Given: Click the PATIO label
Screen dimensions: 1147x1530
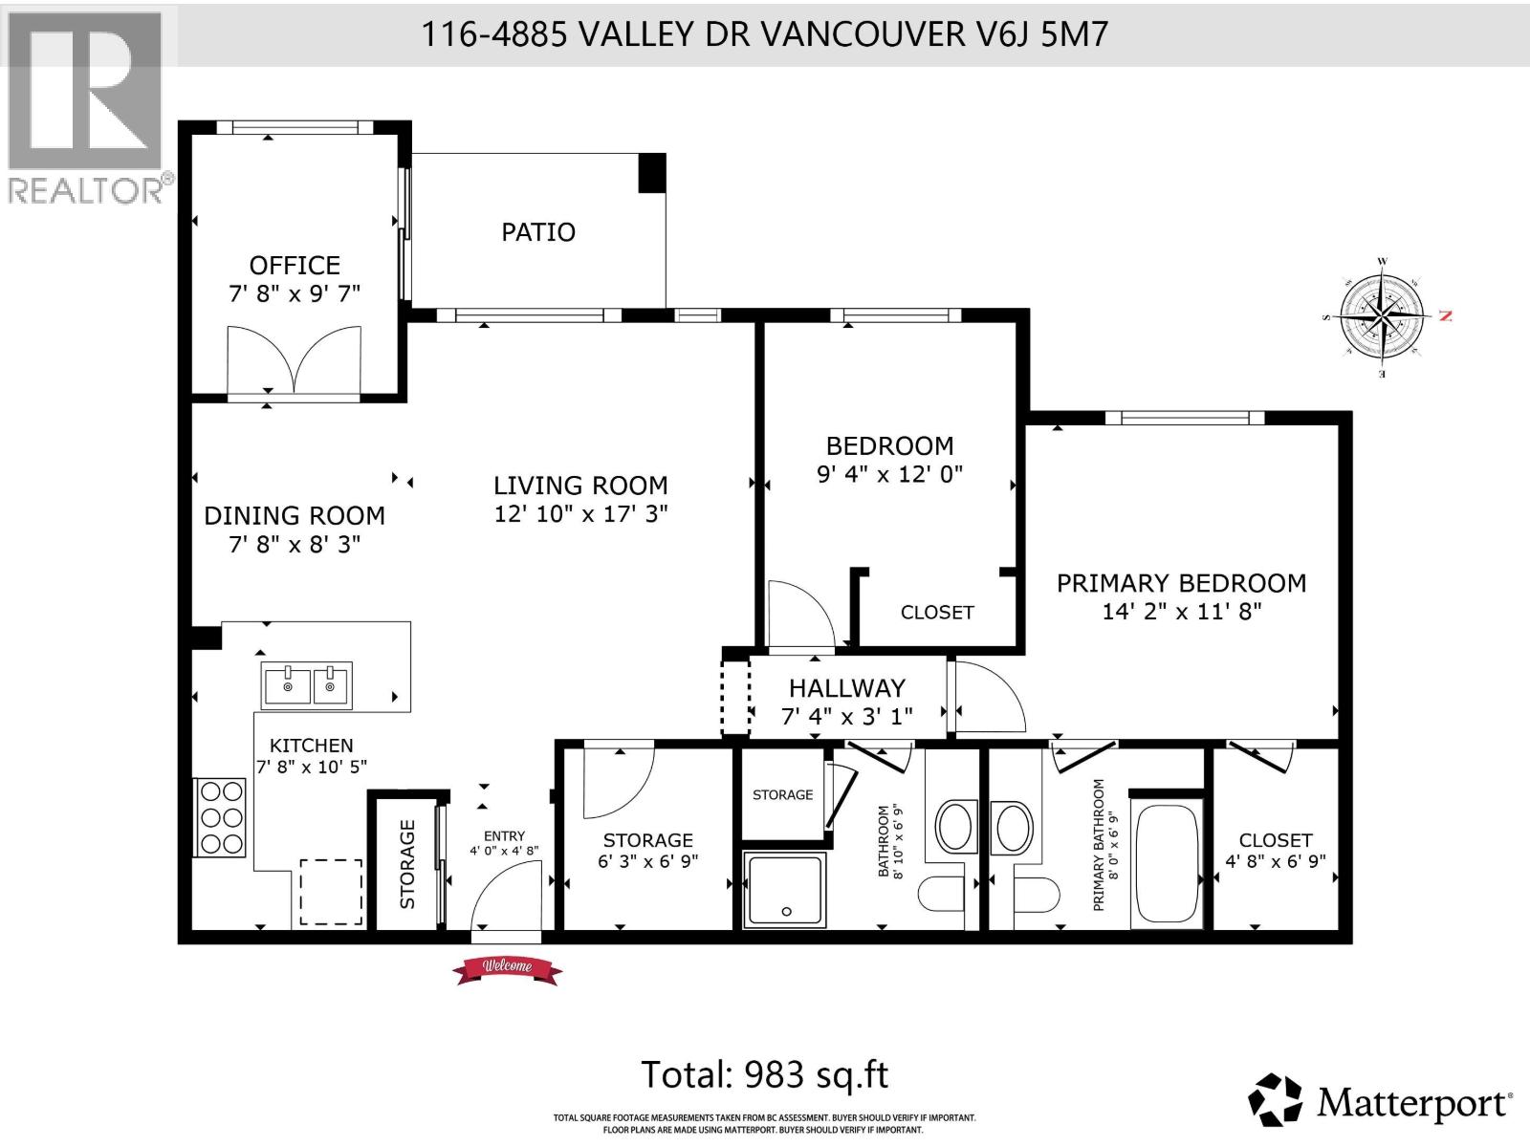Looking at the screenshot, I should (538, 232).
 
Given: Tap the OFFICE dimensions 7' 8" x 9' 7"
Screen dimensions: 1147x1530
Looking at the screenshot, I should (295, 293).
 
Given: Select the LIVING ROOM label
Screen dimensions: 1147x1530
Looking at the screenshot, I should (580, 486).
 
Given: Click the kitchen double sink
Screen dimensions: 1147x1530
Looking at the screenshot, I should (307, 684).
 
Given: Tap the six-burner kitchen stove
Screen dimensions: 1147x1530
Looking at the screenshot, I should (221, 817).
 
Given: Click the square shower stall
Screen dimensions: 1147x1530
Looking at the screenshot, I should (784, 889).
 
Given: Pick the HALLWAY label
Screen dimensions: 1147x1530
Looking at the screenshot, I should (846, 688).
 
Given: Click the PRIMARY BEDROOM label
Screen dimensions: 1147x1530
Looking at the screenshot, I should (1181, 584).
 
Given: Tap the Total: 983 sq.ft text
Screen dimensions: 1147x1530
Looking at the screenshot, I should (764, 1075).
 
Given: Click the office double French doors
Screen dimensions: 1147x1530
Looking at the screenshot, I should (295, 362).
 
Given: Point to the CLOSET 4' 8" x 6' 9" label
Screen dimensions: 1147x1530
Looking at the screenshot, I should (1275, 850).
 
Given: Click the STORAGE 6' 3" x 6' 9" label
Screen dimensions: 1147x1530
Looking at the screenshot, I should (647, 850).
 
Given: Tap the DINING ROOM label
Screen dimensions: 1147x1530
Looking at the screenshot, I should (295, 516).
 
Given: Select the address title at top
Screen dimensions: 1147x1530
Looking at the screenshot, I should (764, 34).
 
